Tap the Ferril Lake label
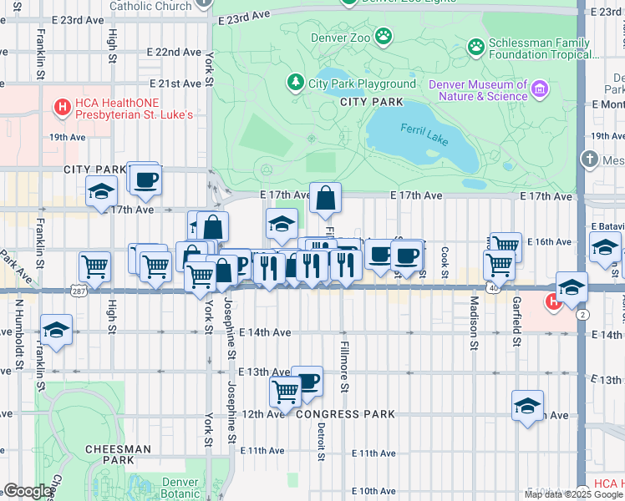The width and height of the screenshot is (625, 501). click(x=425, y=135)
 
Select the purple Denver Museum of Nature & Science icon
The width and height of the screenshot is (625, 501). click(x=540, y=89)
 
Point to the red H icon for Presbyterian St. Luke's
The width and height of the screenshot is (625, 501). click(x=60, y=107)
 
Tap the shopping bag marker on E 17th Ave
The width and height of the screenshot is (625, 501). click(x=326, y=199)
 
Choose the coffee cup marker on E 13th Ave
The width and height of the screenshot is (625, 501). click(x=307, y=382)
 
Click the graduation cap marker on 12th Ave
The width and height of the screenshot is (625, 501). click(x=527, y=406)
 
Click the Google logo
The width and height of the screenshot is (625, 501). click(x=28, y=491)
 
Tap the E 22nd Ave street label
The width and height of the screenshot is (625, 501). click(x=171, y=52)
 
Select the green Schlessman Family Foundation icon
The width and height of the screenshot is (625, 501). click(x=476, y=46)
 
